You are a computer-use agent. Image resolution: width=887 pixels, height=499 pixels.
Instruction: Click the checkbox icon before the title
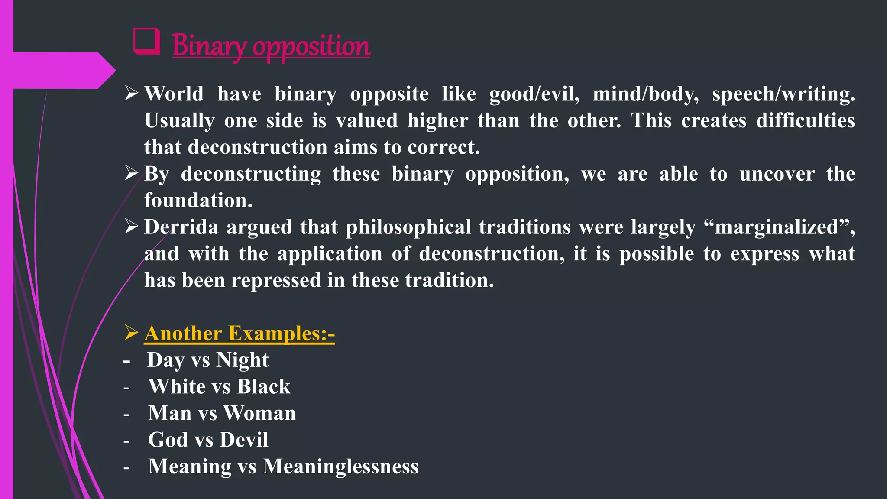coord(146,42)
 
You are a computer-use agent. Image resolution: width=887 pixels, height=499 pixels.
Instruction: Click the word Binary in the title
coord(209,46)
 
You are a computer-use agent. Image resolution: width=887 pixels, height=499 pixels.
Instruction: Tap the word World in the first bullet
coord(174,94)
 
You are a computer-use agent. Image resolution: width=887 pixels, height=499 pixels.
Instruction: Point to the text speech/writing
coord(783,94)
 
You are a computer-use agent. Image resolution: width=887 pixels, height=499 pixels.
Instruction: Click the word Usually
coord(179,120)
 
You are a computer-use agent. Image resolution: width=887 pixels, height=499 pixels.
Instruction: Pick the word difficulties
coord(805,120)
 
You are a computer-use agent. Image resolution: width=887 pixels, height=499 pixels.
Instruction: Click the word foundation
coord(198,200)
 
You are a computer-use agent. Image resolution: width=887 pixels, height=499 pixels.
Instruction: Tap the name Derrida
coord(181,227)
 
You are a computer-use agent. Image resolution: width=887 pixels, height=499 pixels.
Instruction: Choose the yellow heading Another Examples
coord(239,334)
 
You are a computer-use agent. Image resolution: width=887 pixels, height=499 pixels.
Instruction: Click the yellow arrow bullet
coord(131,333)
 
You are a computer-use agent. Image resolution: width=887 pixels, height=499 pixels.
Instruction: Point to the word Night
coord(243,360)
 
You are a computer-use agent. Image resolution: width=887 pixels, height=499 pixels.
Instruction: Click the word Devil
coord(244,440)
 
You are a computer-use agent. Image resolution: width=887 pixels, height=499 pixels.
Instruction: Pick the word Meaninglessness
coord(340,467)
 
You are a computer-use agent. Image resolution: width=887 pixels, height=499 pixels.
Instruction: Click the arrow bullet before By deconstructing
coord(131,173)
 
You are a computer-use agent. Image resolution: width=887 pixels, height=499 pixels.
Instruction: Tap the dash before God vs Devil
coord(126,441)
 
